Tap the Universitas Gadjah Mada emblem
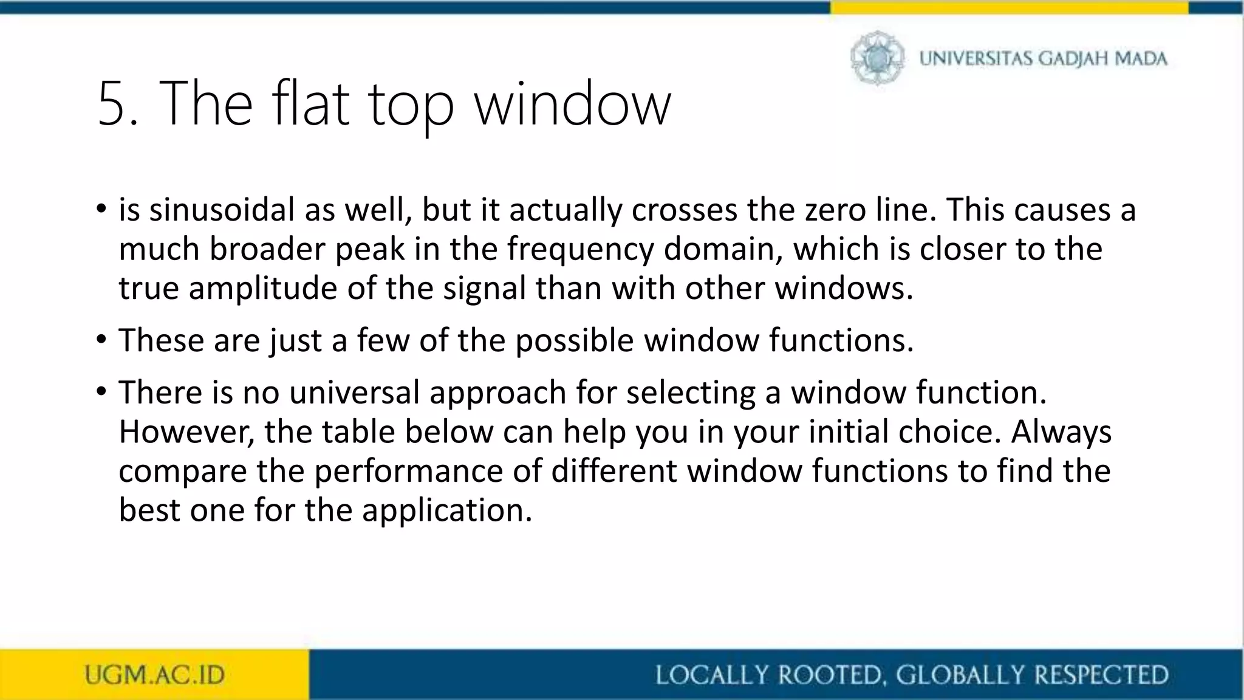tap(877, 58)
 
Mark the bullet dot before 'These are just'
tap(101, 339)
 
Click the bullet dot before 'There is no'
tap(101, 391)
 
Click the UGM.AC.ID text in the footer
tap(154, 675)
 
